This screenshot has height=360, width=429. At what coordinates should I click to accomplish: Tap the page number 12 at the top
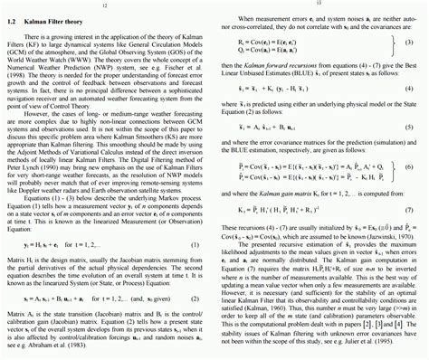click(x=106, y=5)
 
